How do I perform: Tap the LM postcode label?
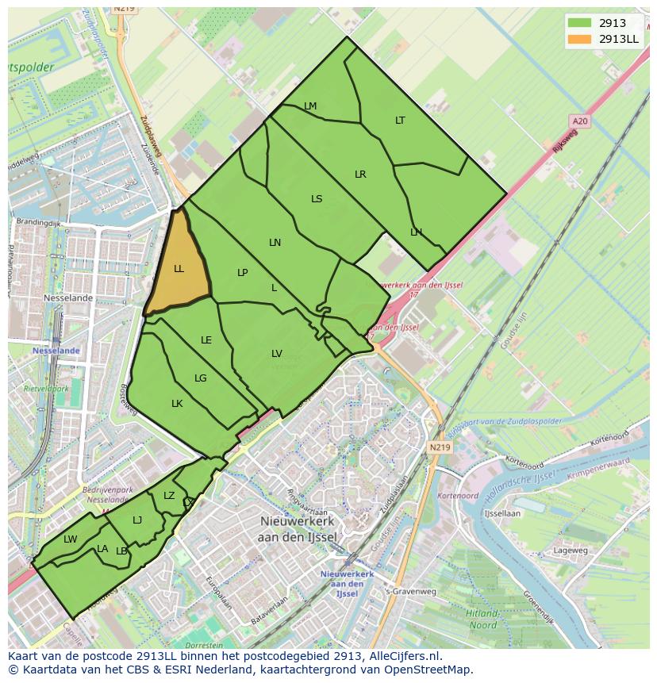(310, 106)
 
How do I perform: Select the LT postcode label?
(400, 121)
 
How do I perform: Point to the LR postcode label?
(360, 175)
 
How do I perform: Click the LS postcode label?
(317, 199)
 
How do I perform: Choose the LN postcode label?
(275, 243)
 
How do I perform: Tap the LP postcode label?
(242, 273)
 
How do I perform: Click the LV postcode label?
(276, 354)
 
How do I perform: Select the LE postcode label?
(206, 340)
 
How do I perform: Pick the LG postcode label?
(200, 378)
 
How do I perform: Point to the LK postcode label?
(177, 404)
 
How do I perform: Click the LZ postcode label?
(169, 496)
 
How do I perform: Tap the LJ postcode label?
(137, 520)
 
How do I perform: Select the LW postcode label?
(71, 539)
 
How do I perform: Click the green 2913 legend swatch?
(580, 23)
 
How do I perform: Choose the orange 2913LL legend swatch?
(580, 38)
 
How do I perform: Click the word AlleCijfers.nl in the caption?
(402, 657)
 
